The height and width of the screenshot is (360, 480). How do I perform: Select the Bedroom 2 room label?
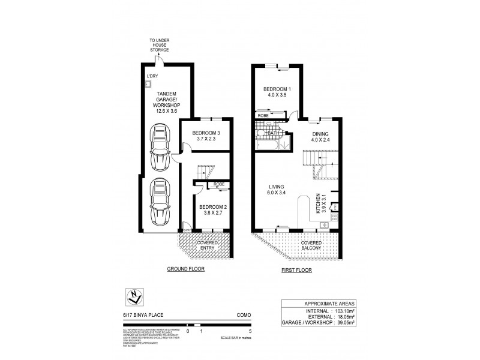pos(211,209)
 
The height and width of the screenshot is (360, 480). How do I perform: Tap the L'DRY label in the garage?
pos(152,76)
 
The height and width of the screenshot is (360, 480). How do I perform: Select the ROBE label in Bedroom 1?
pos(263,114)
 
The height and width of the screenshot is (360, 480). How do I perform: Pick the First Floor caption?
pos(296,269)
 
